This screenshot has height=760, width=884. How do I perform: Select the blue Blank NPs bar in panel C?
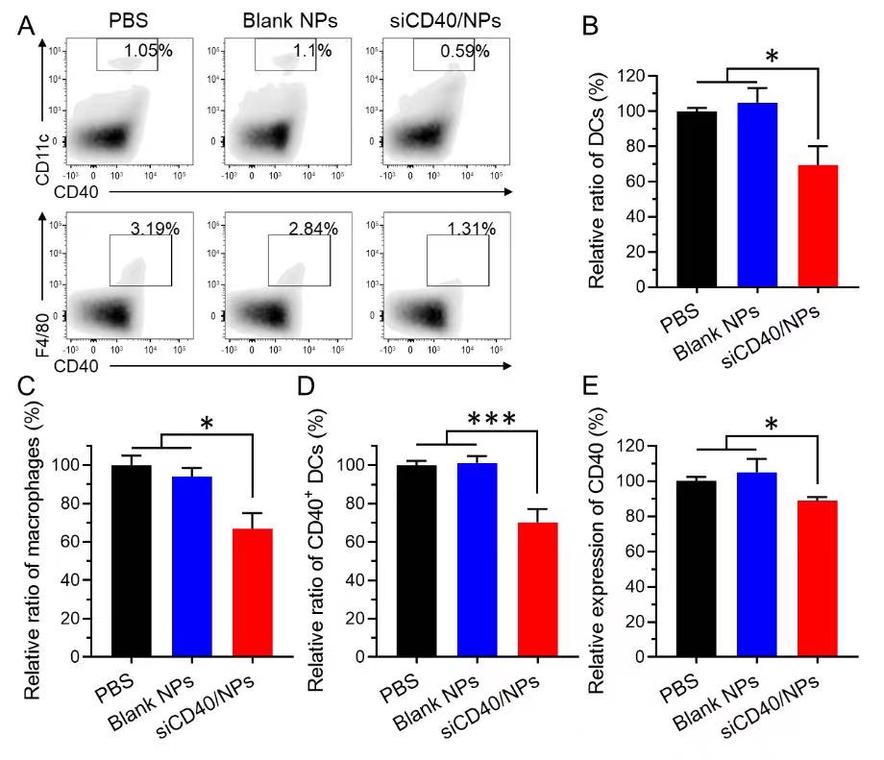(x=193, y=567)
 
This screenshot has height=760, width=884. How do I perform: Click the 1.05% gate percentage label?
(x=147, y=51)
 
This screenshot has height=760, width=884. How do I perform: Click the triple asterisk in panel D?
(x=491, y=419)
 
